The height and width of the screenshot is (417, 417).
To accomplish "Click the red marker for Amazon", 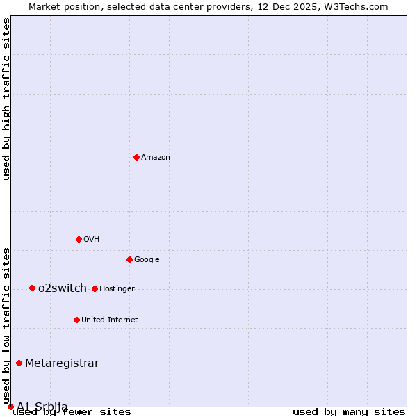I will [136, 157].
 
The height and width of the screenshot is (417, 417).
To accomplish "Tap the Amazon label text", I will [156, 158].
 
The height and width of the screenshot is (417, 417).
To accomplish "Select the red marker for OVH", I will [79, 239].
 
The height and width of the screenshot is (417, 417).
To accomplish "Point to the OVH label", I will [91, 240].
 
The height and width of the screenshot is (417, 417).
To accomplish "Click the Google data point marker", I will [129, 259].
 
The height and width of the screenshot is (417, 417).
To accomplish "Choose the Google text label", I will [147, 260].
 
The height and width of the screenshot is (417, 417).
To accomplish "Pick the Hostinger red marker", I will [95, 288].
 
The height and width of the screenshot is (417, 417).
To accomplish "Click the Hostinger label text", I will [117, 289].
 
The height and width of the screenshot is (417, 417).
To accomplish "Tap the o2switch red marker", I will [32, 288].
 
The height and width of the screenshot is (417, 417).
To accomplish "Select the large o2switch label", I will [63, 288].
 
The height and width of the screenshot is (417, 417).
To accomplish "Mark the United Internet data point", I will [76, 320].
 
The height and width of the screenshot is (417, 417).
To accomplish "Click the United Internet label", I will [109, 320].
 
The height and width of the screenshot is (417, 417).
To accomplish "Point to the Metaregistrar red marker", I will [19, 363].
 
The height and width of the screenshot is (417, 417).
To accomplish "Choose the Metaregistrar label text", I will [62, 363].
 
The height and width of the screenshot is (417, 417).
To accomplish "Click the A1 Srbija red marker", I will [10, 407].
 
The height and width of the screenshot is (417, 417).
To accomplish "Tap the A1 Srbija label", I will [42, 407].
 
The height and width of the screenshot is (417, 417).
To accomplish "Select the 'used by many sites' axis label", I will [349, 412].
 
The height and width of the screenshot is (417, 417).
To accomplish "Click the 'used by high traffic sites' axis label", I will [7, 99].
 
